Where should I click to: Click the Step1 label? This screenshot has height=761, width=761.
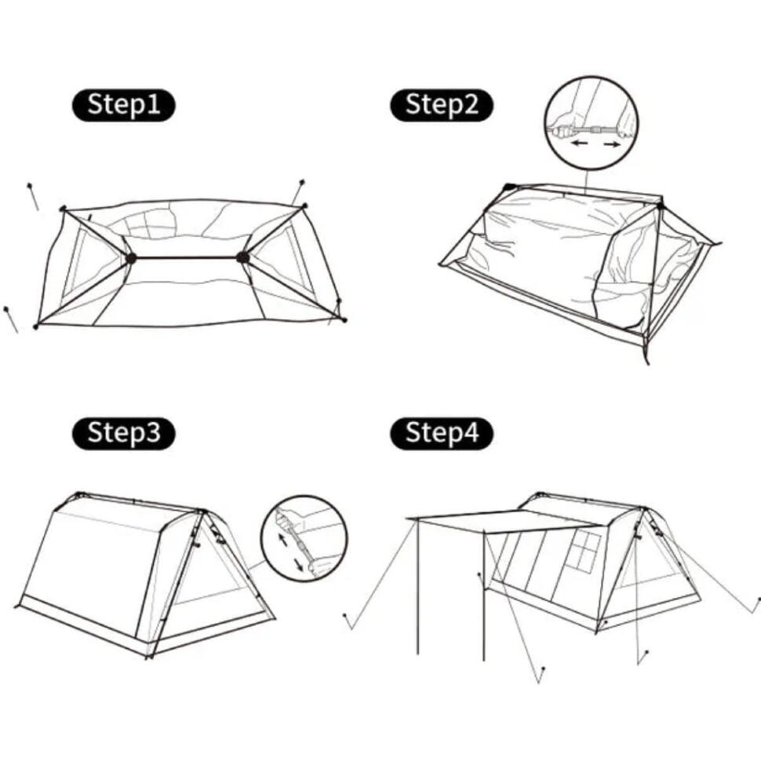point(123,105)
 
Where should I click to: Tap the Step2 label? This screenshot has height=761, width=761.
point(442,105)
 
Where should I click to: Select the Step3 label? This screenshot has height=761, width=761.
point(123,433)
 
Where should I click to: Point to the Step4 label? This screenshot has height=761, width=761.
point(442,433)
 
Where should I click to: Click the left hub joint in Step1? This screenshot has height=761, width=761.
point(130,258)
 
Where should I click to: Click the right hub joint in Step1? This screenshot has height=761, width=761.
point(242,257)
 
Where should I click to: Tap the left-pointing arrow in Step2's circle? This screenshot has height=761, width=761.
point(579,143)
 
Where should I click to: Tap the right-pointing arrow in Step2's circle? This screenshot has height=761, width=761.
point(611,144)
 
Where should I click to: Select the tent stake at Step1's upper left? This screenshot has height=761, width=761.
point(33,196)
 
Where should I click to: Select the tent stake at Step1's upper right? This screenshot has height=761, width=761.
point(297,192)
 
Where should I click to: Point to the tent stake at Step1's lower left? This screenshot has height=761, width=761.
point(11,319)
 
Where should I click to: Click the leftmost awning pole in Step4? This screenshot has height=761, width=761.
point(417,588)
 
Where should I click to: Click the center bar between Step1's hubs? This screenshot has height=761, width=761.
point(187,257)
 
